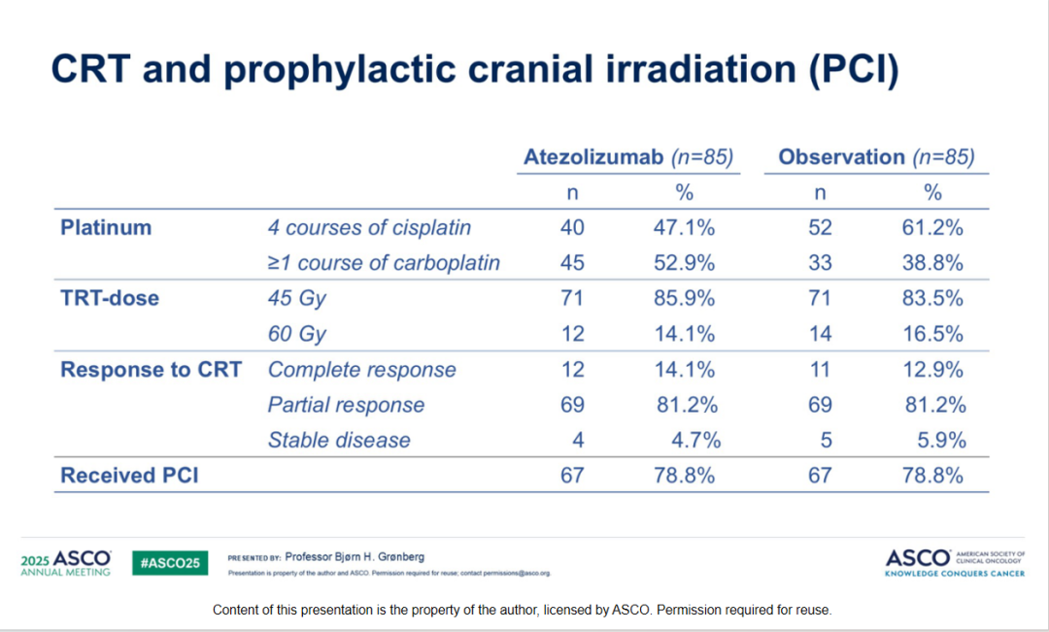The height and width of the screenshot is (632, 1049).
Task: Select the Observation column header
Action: click(x=841, y=157)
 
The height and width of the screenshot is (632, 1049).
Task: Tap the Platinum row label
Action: click(x=106, y=228)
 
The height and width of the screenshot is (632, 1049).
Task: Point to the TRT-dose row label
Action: click(x=110, y=299)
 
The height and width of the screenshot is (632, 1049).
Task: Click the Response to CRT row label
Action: click(x=151, y=370)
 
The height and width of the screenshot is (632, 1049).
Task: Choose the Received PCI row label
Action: click(x=129, y=476)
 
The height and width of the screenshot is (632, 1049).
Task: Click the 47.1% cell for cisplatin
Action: click(x=684, y=228)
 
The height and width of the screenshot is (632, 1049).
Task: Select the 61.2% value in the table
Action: click(x=932, y=228)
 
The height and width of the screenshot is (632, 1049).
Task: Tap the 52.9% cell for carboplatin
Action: click(x=684, y=263)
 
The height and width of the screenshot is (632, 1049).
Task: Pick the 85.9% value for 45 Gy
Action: click(x=684, y=299)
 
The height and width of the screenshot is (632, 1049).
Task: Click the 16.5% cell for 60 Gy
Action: click(x=932, y=334)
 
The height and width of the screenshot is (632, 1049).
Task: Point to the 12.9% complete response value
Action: click(x=932, y=370)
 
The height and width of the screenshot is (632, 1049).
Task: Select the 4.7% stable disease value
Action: click(x=696, y=440)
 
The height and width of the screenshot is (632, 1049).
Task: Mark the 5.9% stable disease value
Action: click(x=942, y=440)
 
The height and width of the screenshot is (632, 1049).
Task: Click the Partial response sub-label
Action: click(x=346, y=405)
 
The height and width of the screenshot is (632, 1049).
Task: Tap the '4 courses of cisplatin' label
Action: click(x=369, y=228)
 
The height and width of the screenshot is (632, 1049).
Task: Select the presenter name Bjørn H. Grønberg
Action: click(x=355, y=558)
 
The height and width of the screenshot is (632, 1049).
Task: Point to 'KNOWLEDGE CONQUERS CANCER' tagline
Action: click(x=956, y=574)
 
